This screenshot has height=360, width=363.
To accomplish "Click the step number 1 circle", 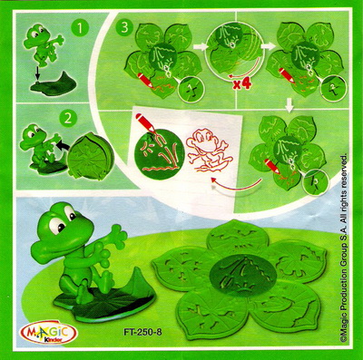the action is (x=80, y=28).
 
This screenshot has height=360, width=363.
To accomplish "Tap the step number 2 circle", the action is (x=68, y=118).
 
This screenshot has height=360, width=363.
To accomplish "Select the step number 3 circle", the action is (x=124, y=27).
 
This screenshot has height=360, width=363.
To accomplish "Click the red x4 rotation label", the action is (x=242, y=84).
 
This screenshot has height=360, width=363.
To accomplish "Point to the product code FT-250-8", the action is (x=142, y=332).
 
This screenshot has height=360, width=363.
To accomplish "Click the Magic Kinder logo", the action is (x=48, y=333).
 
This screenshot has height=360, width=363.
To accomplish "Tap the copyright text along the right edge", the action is (x=344, y=247).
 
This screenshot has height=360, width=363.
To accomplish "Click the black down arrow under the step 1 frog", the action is (x=36, y=73).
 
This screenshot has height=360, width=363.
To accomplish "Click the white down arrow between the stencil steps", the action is (x=289, y=106).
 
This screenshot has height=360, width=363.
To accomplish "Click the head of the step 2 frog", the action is (x=34, y=136).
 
